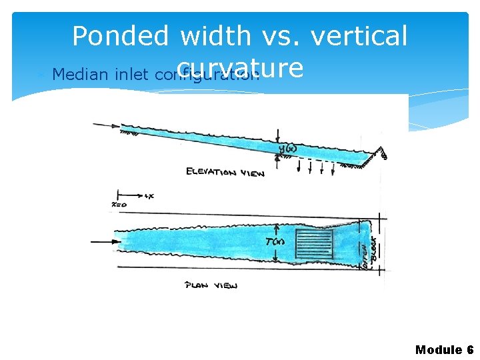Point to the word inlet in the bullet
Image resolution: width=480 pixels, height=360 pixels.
tap(133, 73)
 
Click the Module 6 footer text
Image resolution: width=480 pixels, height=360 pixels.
tap(444, 349)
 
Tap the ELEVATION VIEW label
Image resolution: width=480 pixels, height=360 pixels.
tap(225, 172)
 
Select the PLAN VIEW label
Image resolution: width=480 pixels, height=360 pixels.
tap(211, 285)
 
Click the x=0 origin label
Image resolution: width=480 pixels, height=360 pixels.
tap(119, 204)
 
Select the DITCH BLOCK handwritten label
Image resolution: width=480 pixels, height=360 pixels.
tap(369, 249)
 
